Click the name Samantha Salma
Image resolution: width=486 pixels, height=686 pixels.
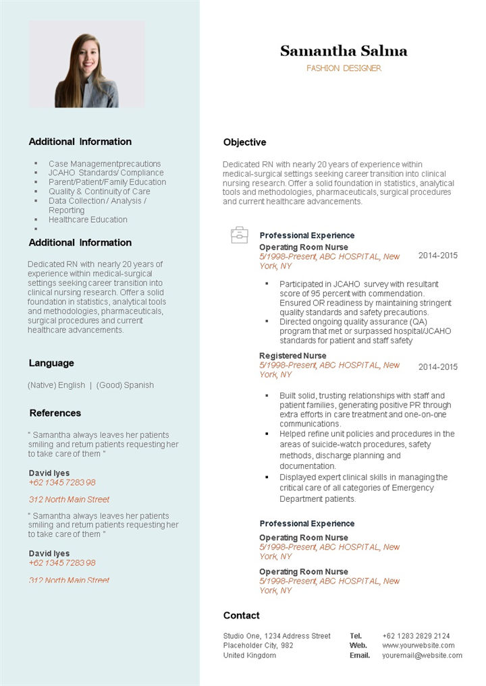344,51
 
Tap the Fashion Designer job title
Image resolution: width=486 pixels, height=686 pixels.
344,68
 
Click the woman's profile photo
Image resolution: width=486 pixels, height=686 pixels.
87,65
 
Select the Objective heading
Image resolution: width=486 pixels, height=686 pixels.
244,142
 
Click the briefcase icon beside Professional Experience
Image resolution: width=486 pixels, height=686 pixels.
240,235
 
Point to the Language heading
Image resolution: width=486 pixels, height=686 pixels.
51,363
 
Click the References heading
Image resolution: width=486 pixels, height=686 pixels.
55,413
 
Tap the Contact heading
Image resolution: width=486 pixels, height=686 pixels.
241,615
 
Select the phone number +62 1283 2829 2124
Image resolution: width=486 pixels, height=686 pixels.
416,636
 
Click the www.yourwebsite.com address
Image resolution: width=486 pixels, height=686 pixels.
418,646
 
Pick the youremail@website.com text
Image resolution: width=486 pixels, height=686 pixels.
422,655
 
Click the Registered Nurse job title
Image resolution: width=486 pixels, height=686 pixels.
292,355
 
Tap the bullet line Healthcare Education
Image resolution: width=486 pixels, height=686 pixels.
88,219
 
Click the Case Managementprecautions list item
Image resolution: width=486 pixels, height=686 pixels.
105,164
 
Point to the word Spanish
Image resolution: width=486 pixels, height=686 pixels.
138,385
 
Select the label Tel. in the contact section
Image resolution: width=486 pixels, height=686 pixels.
356,636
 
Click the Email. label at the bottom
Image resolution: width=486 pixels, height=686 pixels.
360,655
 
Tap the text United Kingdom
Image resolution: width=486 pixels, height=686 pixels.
249,655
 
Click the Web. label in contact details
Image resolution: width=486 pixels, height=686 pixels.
358,646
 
